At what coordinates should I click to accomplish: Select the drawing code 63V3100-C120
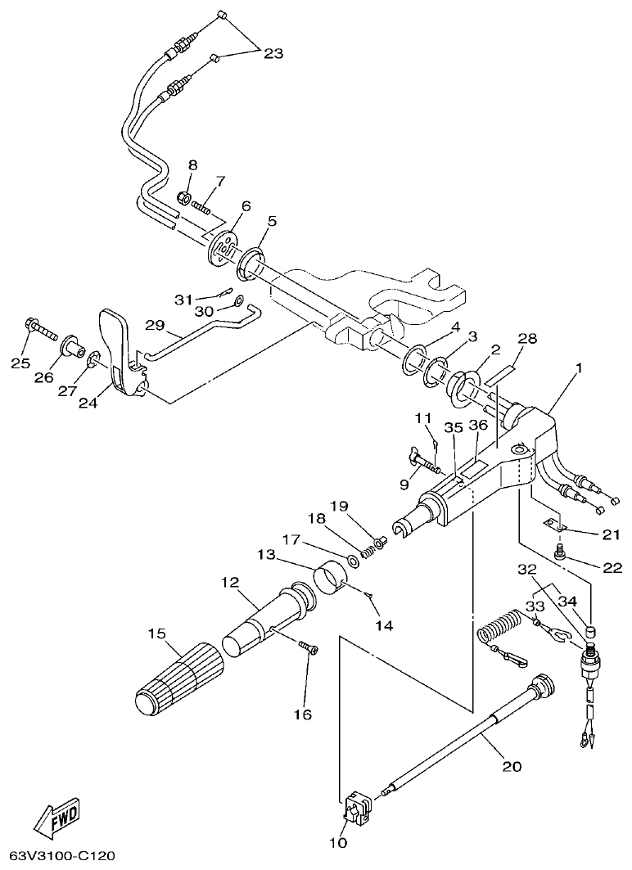(x=56, y=857)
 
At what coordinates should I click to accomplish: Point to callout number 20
(x=511, y=767)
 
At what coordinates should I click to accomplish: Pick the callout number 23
(x=273, y=53)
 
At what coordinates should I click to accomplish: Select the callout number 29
(x=156, y=325)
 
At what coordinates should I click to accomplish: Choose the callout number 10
(x=339, y=842)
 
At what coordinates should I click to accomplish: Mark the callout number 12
(x=229, y=582)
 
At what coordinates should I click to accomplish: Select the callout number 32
(x=527, y=569)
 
